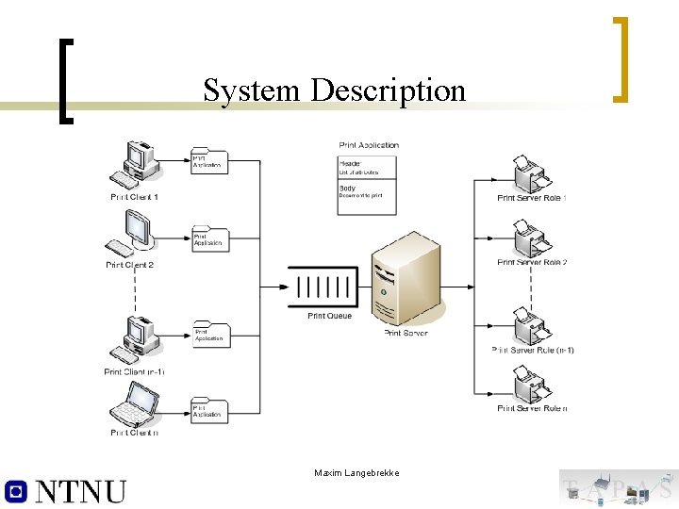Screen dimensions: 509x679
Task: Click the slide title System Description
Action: pyautogui.click(x=334, y=90)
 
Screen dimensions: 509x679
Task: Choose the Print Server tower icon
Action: pyautogui.click(x=406, y=280)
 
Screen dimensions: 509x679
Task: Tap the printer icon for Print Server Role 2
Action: pyautogui.click(x=530, y=238)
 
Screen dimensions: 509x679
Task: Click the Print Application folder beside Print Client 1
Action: pyautogui.click(x=209, y=161)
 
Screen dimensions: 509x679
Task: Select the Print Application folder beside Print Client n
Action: pyautogui.click(x=209, y=410)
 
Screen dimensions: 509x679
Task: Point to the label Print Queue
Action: pyautogui.click(x=329, y=316)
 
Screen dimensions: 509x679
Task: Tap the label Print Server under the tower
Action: pyautogui.click(x=406, y=333)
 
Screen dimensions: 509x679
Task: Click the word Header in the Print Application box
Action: pyautogui.click(x=350, y=164)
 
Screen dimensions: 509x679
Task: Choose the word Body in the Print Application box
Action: pyautogui.click(x=347, y=188)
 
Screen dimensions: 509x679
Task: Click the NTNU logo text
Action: pyautogui.click(x=66, y=490)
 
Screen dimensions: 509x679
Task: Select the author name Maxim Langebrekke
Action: pyautogui.click(x=356, y=472)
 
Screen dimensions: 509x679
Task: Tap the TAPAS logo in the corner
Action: pyautogui.click(x=618, y=488)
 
